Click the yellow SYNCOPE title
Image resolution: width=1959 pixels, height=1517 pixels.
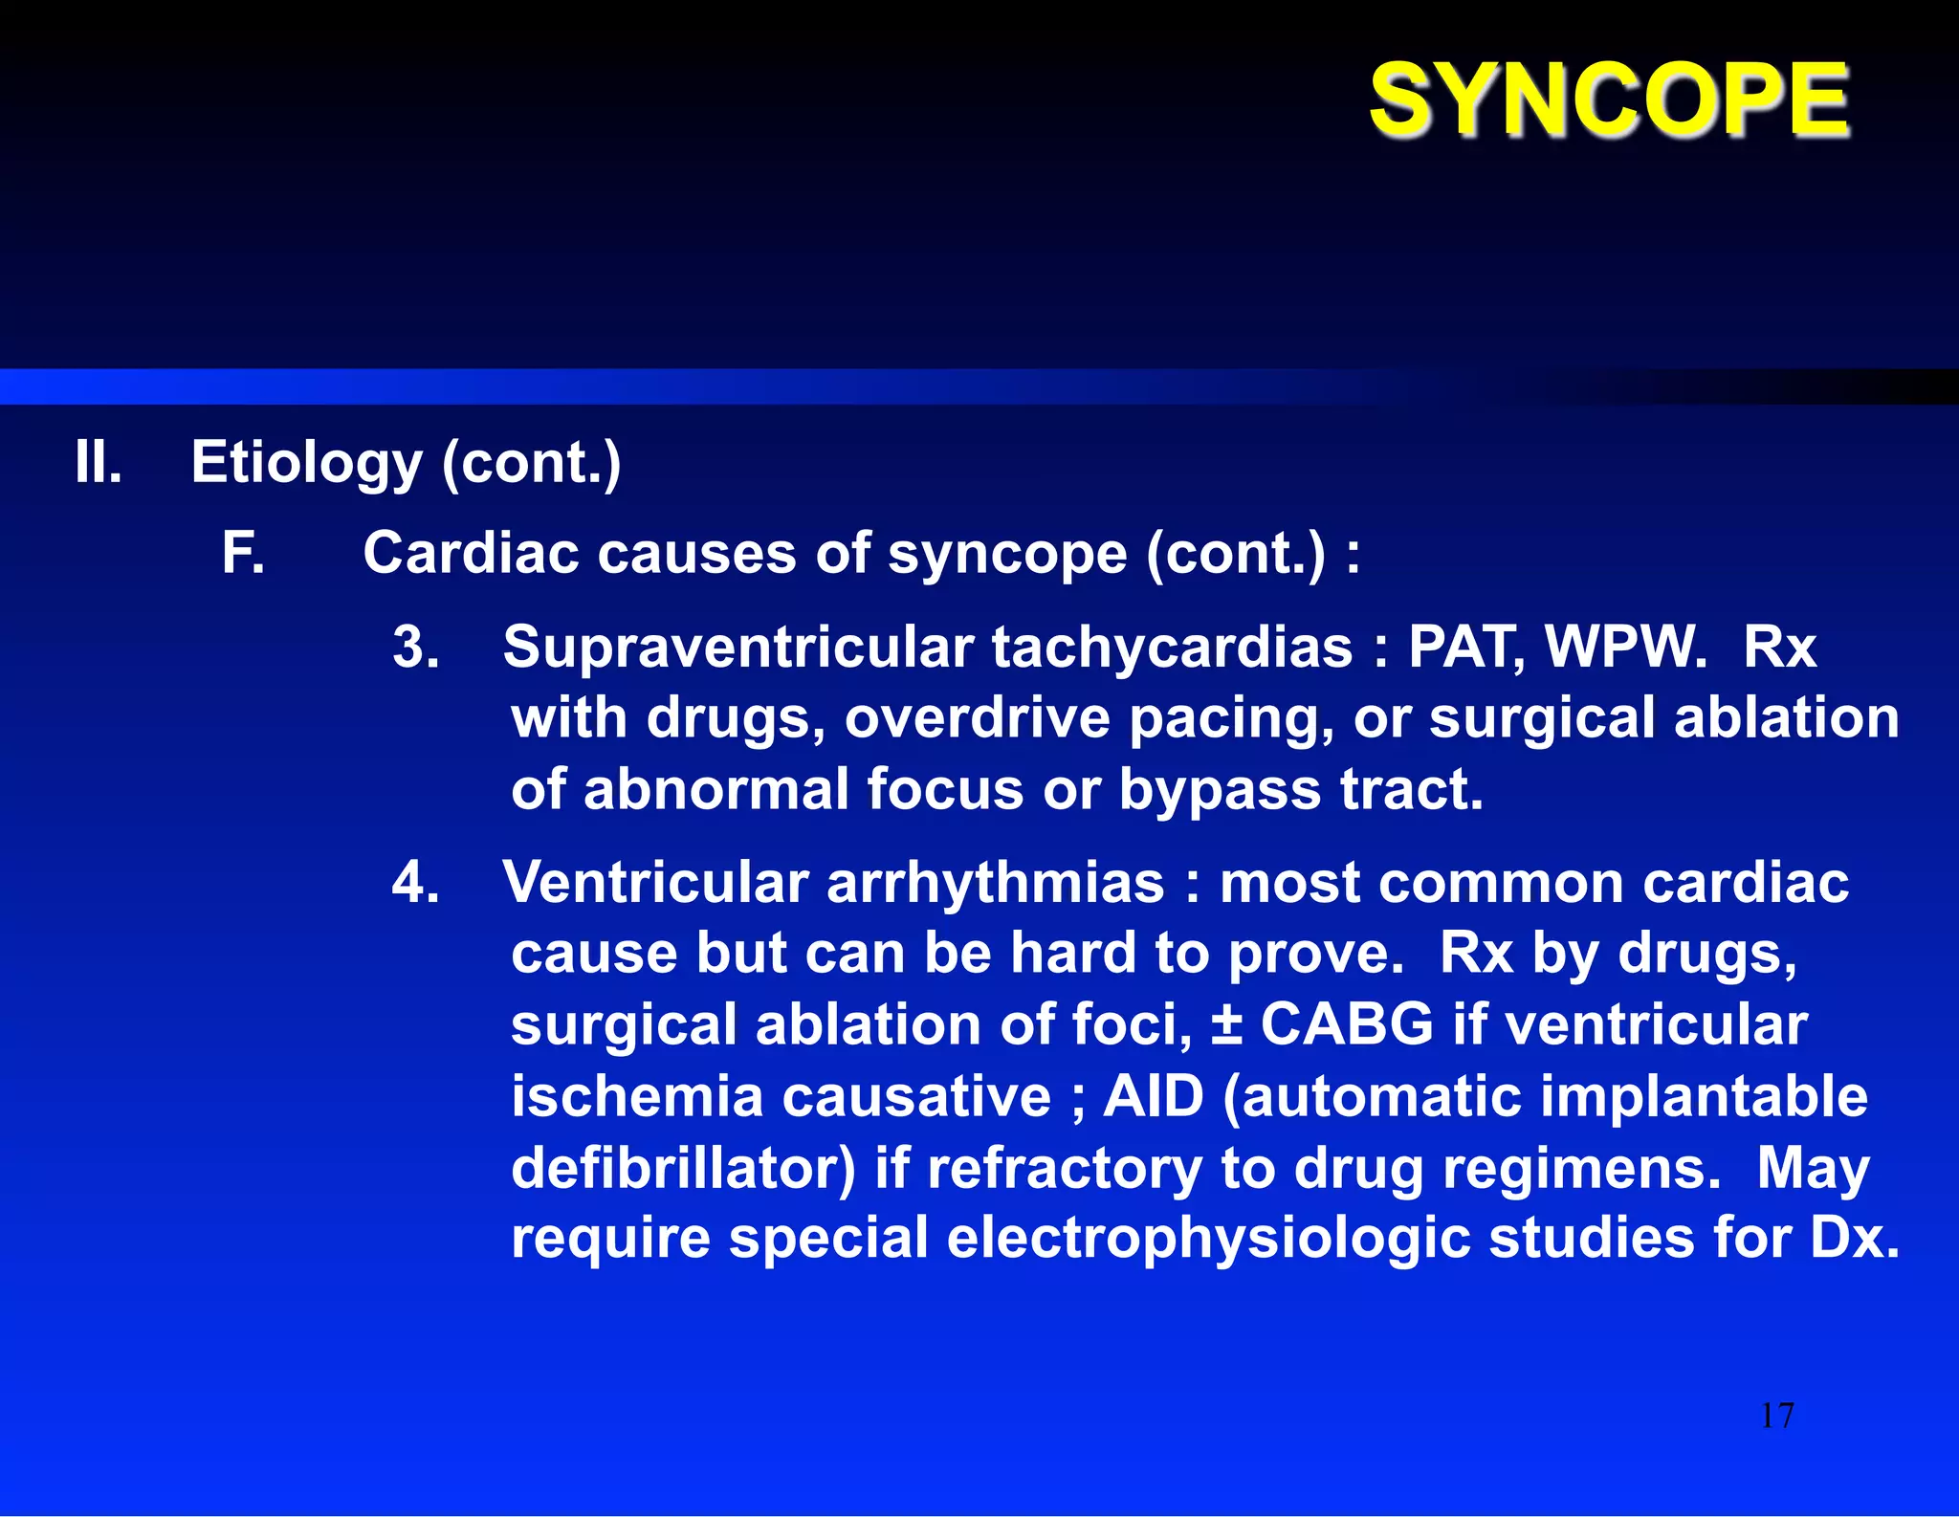click(x=1610, y=99)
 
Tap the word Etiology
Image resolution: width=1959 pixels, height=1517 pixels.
click(x=306, y=464)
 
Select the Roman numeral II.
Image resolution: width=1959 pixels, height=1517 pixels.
click(x=99, y=463)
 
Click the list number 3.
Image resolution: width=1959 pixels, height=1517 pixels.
click(x=415, y=647)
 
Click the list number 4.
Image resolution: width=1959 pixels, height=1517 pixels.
click(x=415, y=882)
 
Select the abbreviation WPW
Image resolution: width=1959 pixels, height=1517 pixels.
click(x=1625, y=648)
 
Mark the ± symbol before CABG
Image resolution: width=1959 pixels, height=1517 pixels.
click(x=1226, y=1025)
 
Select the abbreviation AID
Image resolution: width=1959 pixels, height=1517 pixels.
click(x=1153, y=1096)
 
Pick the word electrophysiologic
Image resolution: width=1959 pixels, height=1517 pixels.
click(x=1208, y=1240)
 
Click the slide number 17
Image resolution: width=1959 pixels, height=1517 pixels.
click(x=1777, y=1416)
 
